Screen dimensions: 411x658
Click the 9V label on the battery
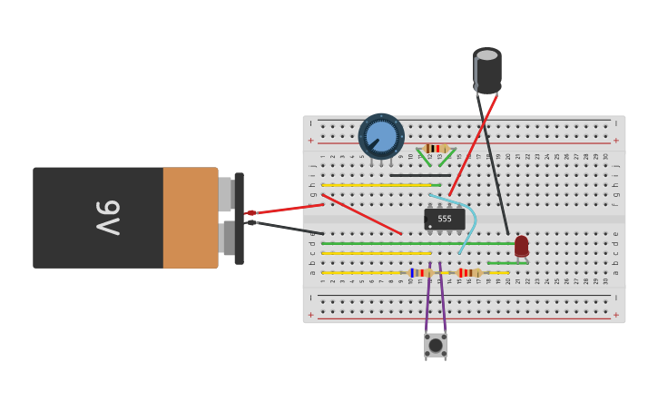point(107,218)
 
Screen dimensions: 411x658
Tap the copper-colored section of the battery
point(190,218)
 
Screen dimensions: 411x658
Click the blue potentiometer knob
point(381,136)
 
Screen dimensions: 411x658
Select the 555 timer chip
point(445,219)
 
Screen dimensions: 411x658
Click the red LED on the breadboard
point(521,246)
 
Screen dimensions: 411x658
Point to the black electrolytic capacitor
point(487,71)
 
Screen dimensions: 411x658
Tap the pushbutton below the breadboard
point(436,345)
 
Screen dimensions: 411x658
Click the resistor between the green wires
point(437,148)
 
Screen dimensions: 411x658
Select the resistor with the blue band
point(418,272)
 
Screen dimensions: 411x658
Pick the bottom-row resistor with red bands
point(468,272)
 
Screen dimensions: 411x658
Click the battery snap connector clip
point(239,218)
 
